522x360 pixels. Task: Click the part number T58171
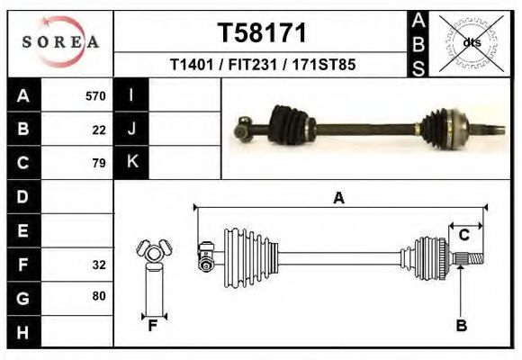click(x=262, y=33)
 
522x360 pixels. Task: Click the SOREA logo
click(x=60, y=41)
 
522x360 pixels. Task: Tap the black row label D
click(x=23, y=195)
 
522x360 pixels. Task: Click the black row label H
click(x=23, y=333)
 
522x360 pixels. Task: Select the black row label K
click(x=132, y=162)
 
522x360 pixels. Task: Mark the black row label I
click(x=132, y=94)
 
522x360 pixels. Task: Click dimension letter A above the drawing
click(x=338, y=199)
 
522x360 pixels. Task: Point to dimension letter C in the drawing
click(x=463, y=236)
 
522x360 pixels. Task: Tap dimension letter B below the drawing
click(x=461, y=326)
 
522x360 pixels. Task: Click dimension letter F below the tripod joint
click(x=153, y=326)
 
